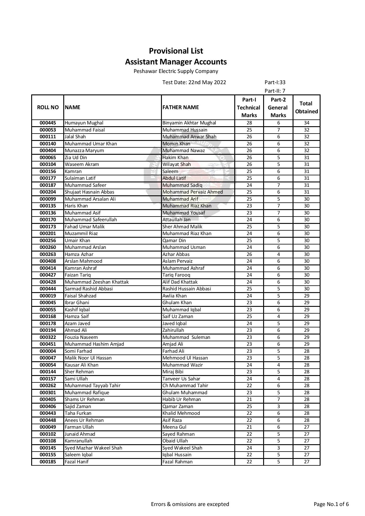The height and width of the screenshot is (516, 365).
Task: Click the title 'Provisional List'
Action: click(x=176, y=51)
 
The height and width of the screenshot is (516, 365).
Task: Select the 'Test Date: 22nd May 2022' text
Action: click(x=194, y=82)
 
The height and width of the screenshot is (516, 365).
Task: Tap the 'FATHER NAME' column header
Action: click(x=180, y=107)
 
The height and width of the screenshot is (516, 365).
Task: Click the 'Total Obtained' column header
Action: click(x=306, y=107)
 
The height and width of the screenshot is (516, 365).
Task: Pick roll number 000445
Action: click(x=48, y=123)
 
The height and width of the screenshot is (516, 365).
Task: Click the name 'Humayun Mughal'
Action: click(x=84, y=123)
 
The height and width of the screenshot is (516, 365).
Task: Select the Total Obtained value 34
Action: click(x=306, y=123)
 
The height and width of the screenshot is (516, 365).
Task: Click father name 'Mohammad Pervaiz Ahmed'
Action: click(x=193, y=192)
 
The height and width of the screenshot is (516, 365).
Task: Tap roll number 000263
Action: click(x=48, y=254)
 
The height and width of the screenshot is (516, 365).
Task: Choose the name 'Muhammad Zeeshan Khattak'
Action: click(x=97, y=282)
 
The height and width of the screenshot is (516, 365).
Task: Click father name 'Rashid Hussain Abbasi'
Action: click(x=187, y=289)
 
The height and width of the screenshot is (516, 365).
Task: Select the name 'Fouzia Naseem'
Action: click(x=81, y=337)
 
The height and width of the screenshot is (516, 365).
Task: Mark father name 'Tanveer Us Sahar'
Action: click(x=181, y=379)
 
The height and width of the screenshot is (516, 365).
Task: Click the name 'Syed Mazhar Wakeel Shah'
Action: click(x=93, y=448)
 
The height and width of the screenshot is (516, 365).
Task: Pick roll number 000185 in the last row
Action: click(x=48, y=462)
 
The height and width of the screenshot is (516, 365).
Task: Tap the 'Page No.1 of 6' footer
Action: click(x=331, y=504)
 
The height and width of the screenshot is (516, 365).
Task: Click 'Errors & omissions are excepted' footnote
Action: click(x=190, y=504)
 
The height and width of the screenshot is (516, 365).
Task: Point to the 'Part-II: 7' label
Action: click(x=275, y=91)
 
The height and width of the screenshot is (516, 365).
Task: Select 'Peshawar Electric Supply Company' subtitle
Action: click(x=176, y=71)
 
